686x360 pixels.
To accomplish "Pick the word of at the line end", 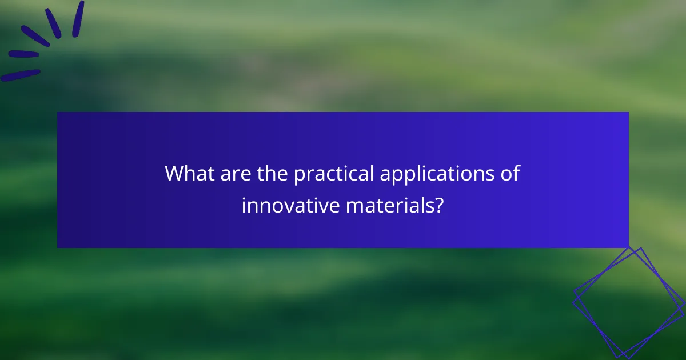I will (x=510, y=174).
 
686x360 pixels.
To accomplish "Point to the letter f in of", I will (x=516, y=173).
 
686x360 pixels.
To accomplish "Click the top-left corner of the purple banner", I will (x=58, y=113).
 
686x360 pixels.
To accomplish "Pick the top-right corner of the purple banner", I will (x=628, y=113).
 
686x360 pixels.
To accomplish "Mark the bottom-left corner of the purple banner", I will (x=58, y=247).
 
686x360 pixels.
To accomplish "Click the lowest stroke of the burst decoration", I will (x=21, y=75).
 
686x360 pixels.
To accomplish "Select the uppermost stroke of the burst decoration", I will (x=78, y=18).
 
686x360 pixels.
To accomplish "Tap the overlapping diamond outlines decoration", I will (x=629, y=303).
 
